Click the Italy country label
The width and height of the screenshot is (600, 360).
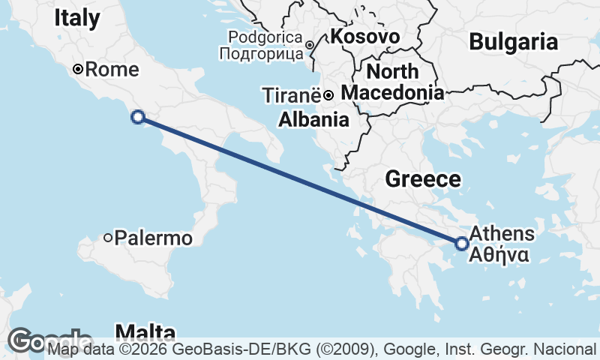[76, 18]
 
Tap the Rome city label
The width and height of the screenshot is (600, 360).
[112, 70]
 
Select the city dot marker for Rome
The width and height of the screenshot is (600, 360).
[77, 70]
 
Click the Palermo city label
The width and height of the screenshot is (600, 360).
[155, 238]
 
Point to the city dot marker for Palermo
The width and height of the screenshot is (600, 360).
[108, 238]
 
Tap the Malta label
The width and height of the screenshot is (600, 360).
[145, 332]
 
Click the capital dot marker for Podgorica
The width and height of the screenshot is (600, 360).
[310, 46]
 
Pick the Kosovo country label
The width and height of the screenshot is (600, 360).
[364, 36]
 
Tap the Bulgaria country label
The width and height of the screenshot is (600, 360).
[514, 42]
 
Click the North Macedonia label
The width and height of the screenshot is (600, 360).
[392, 82]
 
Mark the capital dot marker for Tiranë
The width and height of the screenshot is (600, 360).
[328, 94]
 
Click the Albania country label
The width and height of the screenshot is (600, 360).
[313, 119]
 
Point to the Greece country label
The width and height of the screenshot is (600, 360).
[422, 178]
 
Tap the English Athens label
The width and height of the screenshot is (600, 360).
[502, 233]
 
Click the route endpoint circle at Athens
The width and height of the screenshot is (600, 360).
[462, 243]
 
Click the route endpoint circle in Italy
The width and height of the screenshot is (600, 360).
[137, 116]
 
